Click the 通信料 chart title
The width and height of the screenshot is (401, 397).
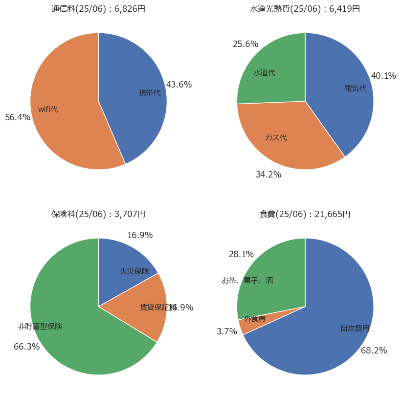(x=98, y=9)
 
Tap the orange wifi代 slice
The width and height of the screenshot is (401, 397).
(x=68, y=122)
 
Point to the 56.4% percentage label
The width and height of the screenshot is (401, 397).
(x=18, y=117)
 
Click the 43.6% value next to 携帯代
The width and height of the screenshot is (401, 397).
(x=179, y=85)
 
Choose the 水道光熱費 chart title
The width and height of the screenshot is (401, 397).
(x=305, y=9)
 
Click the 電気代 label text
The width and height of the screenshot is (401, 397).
(x=356, y=88)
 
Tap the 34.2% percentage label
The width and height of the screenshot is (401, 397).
(x=268, y=175)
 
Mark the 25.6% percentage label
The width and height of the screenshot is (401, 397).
(x=245, y=44)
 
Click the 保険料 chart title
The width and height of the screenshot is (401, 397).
(x=98, y=214)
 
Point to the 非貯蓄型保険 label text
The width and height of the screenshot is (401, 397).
(x=40, y=326)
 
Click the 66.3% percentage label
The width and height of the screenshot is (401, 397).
(x=26, y=347)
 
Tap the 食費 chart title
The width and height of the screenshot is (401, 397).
(x=305, y=214)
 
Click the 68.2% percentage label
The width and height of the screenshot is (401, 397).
(x=374, y=351)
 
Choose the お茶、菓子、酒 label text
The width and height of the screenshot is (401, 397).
(x=247, y=281)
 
